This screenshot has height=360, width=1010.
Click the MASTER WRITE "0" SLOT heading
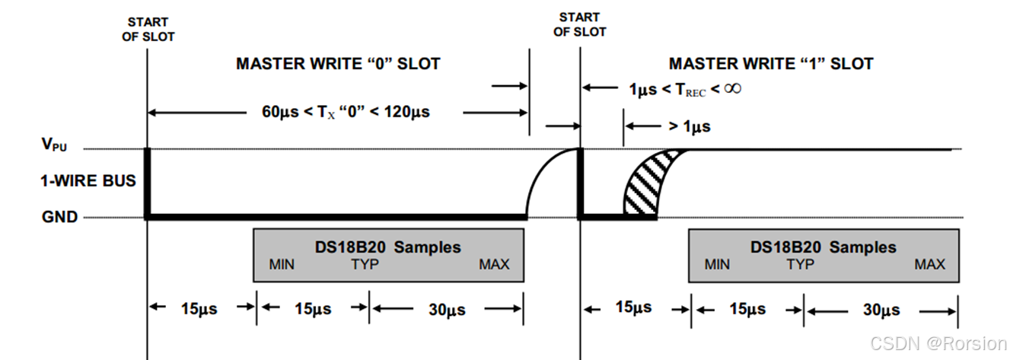pos(337,64)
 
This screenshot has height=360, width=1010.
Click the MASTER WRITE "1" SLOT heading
pos(771,64)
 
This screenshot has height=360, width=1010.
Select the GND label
pos(60,217)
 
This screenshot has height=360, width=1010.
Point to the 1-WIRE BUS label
pos(88,181)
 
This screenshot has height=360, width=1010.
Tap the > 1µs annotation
pos(688,126)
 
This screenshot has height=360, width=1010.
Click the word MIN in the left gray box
pos(282,265)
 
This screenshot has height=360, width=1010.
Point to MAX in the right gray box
pos(929,265)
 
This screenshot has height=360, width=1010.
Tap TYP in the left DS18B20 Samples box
pos(365,265)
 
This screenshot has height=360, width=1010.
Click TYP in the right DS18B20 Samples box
pos(800,265)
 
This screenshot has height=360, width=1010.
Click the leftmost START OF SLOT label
pos(148,30)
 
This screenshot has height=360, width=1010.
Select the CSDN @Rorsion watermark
pos(938,343)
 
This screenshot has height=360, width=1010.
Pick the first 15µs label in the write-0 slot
pos(200,309)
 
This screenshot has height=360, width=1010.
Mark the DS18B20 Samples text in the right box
pos(823,247)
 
